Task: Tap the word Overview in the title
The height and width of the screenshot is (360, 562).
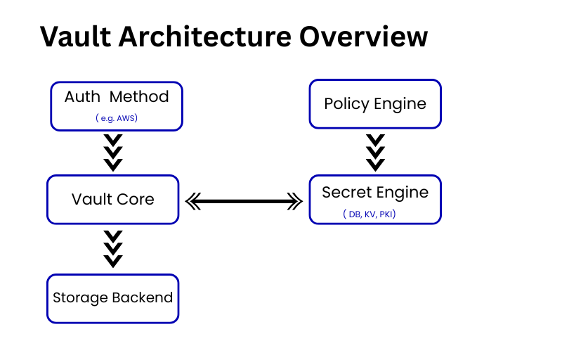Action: [x=365, y=36]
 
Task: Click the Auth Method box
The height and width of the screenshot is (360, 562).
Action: [x=117, y=105]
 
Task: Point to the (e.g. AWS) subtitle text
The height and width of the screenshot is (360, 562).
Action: [x=117, y=118]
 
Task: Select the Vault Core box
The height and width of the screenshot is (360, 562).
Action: [x=112, y=199]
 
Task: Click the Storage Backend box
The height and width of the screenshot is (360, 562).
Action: [x=112, y=298]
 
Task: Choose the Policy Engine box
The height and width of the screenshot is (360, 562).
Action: [x=375, y=103]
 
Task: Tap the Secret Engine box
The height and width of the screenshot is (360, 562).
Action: [x=375, y=199]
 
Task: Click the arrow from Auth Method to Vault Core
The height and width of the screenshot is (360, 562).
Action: [x=113, y=153]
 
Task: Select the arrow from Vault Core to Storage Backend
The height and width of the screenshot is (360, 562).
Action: [x=113, y=248]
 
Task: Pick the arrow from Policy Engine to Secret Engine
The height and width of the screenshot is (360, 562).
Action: [x=376, y=152]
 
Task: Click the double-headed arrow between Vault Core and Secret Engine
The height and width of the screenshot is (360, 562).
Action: [x=244, y=202]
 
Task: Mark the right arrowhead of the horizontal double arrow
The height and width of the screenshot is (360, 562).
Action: [x=296, y=202]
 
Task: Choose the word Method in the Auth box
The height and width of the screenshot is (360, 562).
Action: [x=140, y=96]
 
